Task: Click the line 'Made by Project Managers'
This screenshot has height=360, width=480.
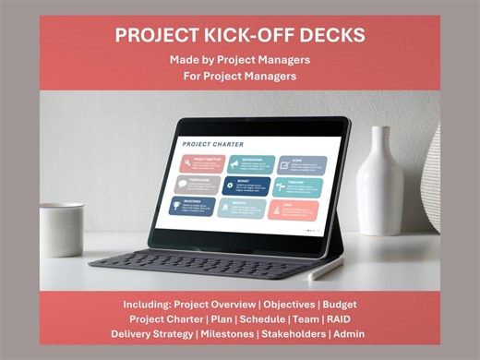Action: (x=240, y=60)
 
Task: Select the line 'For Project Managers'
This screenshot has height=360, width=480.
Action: (x=240, y=76)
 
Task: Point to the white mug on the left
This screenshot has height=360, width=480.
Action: (x=61, y=228)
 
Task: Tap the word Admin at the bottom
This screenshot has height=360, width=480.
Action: (x=366, y=333)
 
